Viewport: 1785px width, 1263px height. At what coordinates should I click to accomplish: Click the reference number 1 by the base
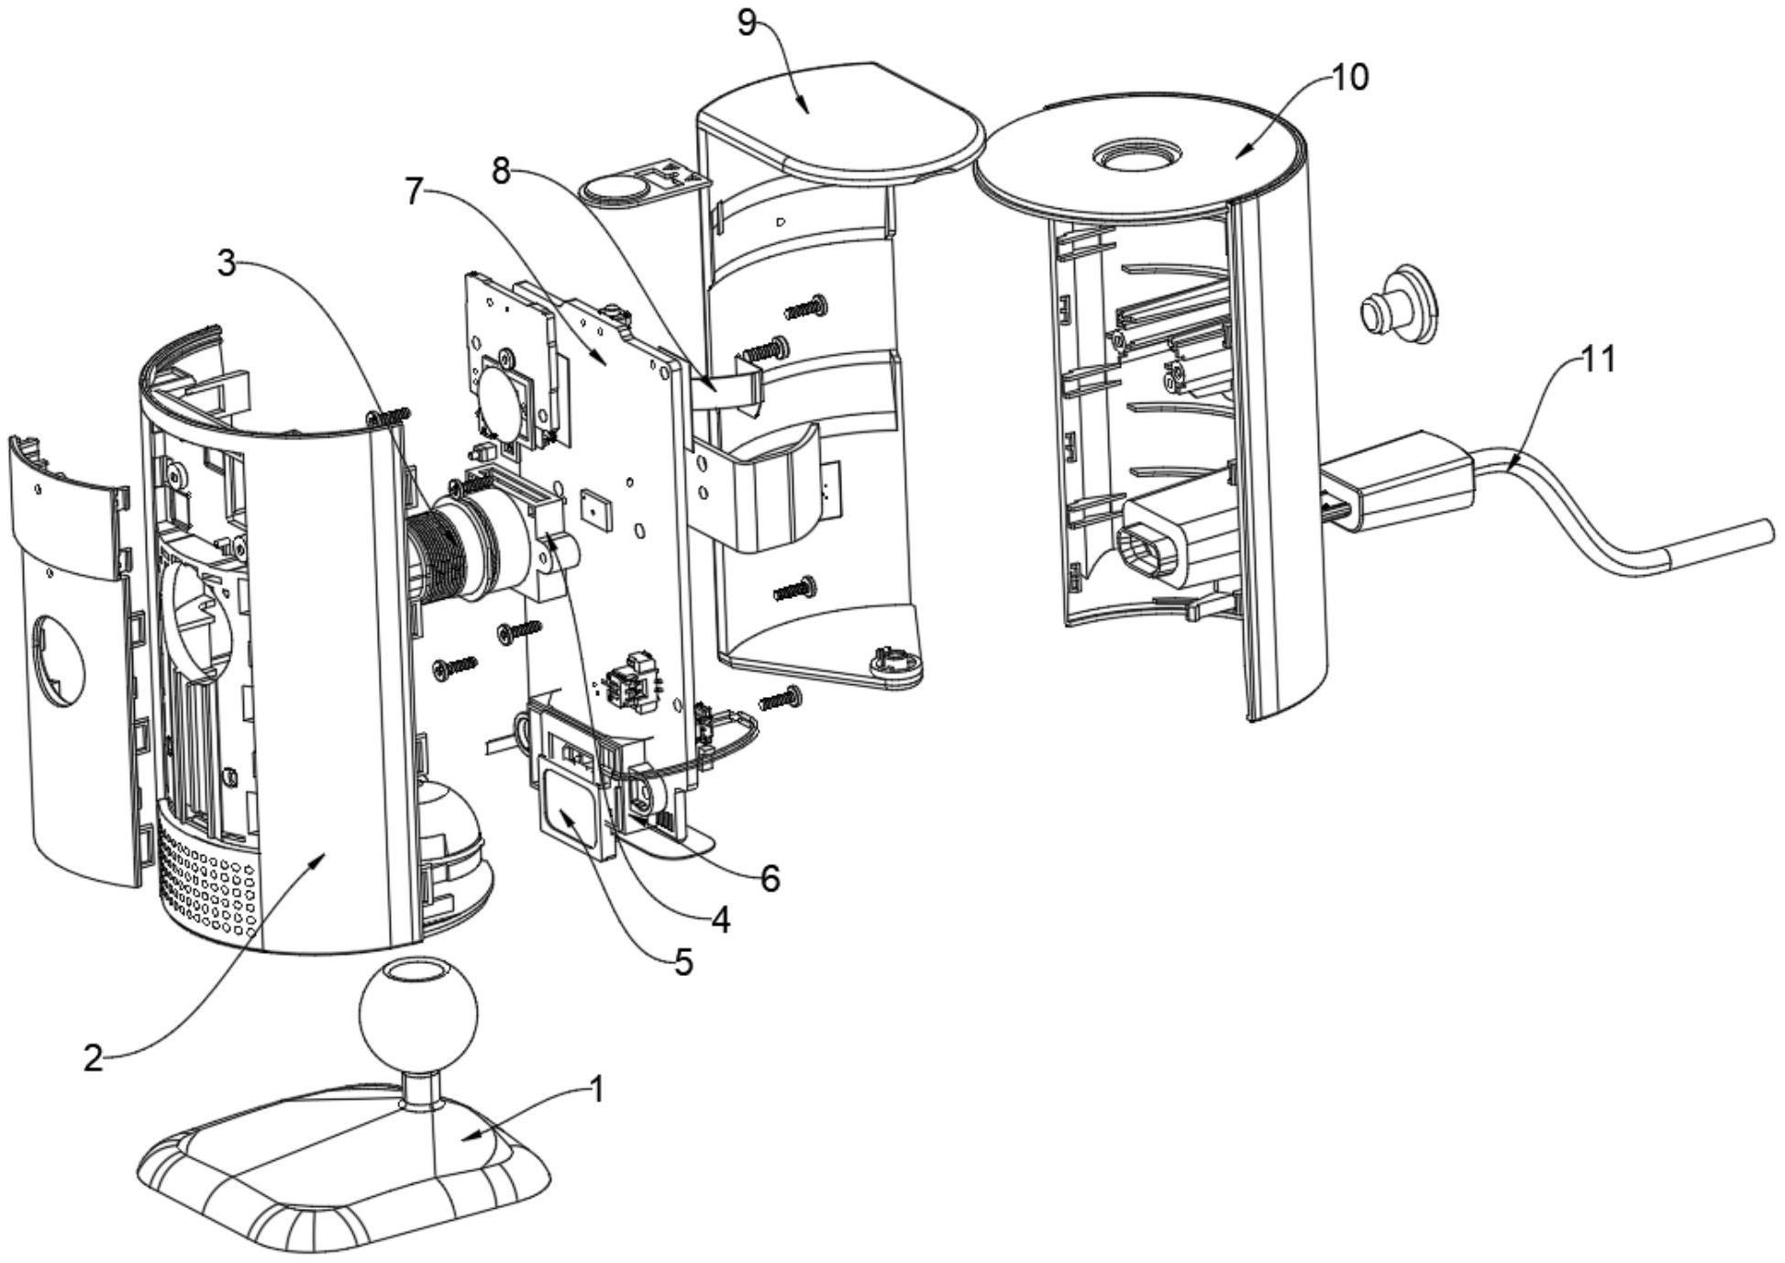[597, 1091]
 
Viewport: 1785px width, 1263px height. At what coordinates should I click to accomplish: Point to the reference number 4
[720, 920]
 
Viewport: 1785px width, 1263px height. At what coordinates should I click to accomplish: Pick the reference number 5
[682, 963]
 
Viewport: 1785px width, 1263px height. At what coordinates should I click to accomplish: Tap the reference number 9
[748, 22]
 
